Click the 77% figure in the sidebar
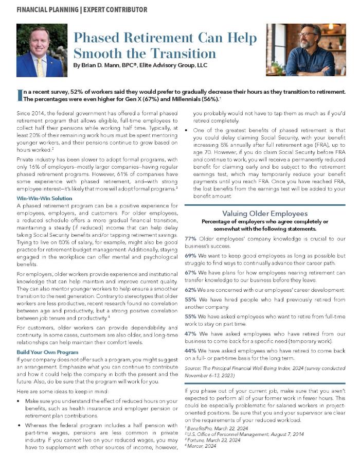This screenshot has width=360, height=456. coord(190,238)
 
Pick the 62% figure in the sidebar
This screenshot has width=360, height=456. coord(190,290)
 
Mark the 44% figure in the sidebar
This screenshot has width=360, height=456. coord(190,350)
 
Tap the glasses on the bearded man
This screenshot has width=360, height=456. coord(307,34)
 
